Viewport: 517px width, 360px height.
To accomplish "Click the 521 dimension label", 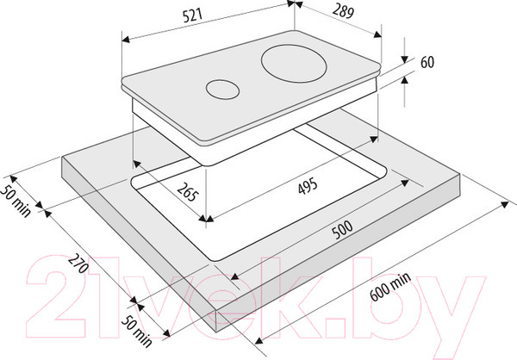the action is [192, 16].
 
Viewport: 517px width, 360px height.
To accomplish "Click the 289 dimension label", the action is [343, 11].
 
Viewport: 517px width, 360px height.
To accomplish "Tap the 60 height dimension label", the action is [427, 62].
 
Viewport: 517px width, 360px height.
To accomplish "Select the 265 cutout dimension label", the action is [188, 192].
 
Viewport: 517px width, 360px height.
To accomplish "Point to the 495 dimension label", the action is [308, 186].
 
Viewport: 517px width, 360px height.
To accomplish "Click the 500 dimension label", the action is [342, 229].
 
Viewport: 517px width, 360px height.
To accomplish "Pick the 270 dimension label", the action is [78, 264].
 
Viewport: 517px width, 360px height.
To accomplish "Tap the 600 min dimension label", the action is [390, 287].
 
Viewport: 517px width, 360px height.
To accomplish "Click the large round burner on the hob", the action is [294, 63].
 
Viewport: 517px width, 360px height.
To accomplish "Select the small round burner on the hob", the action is [222, 90].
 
